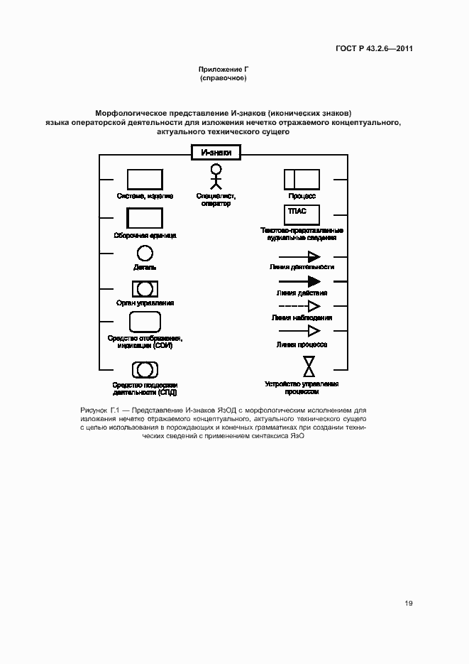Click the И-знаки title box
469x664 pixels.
216,152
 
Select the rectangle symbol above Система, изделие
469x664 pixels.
144,179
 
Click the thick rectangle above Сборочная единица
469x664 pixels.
144,218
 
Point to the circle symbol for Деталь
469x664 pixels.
144,252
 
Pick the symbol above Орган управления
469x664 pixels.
145,288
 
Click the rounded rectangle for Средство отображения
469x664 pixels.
144,322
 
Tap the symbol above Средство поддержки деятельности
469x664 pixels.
145,369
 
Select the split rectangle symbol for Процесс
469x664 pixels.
302,179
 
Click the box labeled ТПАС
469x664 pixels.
302,214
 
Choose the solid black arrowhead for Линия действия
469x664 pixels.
313,281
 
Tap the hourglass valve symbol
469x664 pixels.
309,366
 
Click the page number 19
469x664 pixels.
409,603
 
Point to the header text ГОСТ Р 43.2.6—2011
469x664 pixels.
375,49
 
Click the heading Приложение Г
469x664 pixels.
223,70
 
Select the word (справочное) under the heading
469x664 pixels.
223,77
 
